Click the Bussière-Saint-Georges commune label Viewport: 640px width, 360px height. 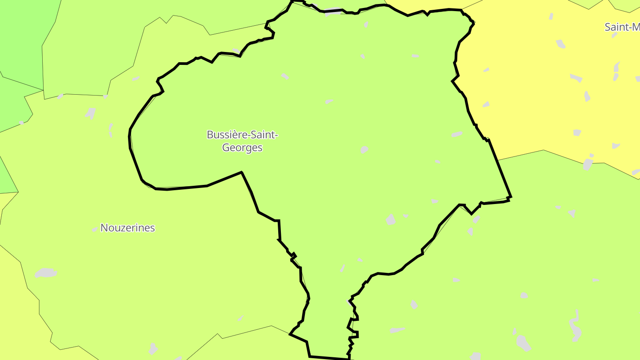242,141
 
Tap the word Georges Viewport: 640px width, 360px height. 242,148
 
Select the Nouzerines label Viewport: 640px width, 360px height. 128,228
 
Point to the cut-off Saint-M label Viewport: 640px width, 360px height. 622,27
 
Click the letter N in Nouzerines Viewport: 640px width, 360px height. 104,228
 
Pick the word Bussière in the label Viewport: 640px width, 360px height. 227,135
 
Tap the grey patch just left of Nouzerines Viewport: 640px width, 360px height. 95,229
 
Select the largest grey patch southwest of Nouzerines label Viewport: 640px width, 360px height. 46,273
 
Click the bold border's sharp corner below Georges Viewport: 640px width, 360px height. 241,172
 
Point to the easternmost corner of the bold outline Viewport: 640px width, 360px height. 511,196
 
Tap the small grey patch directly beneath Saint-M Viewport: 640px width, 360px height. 615,35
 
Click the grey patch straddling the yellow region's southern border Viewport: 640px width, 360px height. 588,164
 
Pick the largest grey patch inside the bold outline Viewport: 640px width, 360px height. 391,220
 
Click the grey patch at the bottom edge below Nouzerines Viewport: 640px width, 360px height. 153,349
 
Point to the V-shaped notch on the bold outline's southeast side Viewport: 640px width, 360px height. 471,213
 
